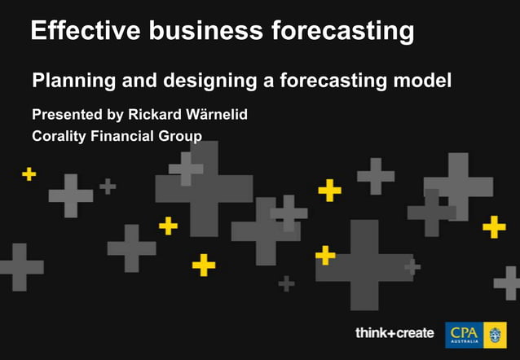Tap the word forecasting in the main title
point(342,31)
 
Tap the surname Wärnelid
point(217,114)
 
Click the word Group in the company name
point(181,135)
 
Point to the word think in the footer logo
point(372,333)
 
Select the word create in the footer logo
point(413,333)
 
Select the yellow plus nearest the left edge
point(29,173)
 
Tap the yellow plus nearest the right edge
point(494,226)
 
